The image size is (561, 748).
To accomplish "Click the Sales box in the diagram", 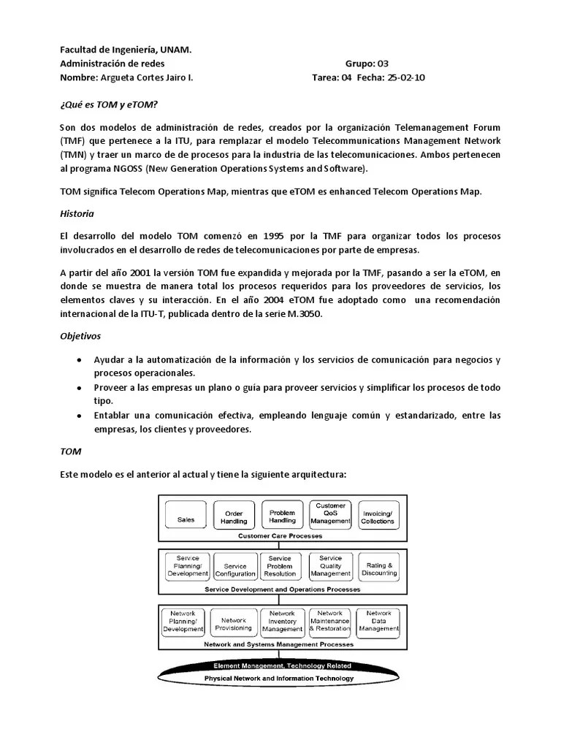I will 186,519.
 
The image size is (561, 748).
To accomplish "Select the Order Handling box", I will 234,518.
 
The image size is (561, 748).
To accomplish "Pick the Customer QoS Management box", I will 330,514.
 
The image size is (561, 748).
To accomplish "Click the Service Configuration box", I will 235,570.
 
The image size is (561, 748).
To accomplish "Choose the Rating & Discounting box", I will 379,569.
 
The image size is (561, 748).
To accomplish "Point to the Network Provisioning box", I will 234,624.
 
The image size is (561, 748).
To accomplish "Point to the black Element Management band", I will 282,665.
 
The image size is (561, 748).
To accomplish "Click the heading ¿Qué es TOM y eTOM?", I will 108,104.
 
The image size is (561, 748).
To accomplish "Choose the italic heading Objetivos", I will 80,336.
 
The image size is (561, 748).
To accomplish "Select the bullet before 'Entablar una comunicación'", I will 79,416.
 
